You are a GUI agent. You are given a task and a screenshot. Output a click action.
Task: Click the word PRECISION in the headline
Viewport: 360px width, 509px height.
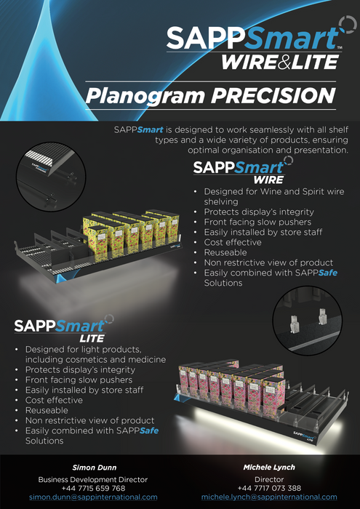point(279,95)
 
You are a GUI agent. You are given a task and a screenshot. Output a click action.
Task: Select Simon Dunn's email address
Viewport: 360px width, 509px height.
point(93,497)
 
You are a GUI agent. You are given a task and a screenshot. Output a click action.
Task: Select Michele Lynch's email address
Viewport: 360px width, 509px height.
point(269,497)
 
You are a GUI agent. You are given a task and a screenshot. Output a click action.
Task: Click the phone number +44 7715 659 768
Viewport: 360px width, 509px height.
point(93,488)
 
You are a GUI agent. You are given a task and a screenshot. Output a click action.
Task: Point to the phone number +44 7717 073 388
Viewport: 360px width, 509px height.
point(269,488)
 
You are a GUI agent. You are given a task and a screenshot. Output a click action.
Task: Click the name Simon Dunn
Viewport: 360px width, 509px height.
point(93,467)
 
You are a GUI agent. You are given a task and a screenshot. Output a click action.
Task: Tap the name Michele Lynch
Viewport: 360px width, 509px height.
point(269,467)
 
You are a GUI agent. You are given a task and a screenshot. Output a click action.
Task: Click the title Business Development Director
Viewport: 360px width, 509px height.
point(93,479)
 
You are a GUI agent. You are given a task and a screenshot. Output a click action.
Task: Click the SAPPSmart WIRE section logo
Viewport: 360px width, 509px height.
point(240,172)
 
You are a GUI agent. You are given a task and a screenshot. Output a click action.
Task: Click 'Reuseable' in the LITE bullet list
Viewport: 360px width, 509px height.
point(47,410)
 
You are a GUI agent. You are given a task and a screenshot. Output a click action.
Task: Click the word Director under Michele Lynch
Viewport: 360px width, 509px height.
point(269,479)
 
